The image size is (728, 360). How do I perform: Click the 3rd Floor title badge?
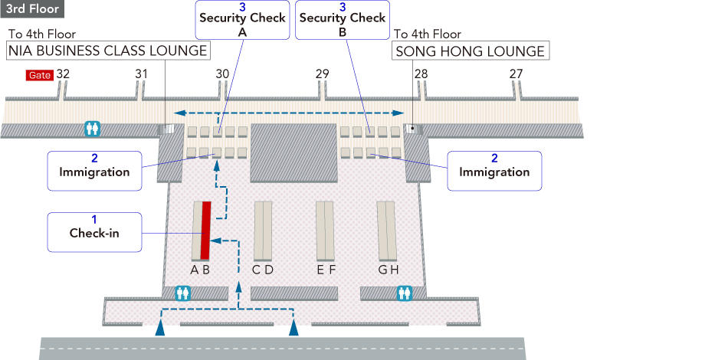(x=32, y=9)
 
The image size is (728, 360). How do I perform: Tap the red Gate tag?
(x=38, y=75)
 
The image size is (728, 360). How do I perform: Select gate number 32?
(x=64, y=74)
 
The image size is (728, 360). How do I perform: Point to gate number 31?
(x=141, y=74)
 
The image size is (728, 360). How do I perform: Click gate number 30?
(x=222, y=74)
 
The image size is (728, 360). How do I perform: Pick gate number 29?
(x=322, y=74)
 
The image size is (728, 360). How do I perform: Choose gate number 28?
(x=421, y=74)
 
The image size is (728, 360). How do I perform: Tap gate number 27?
(x=516, y=74)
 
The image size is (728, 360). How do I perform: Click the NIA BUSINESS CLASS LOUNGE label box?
(x=108, y=51)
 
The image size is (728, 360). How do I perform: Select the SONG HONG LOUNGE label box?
(x=471, y=51)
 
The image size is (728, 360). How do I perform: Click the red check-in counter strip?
(x=205, y=230)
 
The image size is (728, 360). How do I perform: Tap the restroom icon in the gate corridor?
(x=93, y=129)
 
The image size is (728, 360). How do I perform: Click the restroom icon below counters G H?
(x=405, y=293)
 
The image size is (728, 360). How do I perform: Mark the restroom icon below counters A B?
(x=182, y=293)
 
